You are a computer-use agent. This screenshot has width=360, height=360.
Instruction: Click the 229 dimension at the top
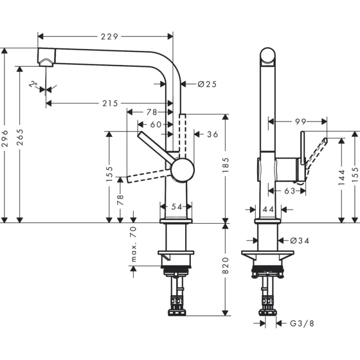[109, 37]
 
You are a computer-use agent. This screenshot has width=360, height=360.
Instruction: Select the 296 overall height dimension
[5, 138]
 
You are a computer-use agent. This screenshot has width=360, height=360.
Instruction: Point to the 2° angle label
[34, 84]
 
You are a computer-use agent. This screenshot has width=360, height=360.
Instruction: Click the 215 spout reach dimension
[110, 103]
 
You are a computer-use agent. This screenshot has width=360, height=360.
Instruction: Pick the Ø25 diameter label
[207, 84]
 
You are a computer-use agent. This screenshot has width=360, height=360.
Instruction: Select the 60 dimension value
[155, 124]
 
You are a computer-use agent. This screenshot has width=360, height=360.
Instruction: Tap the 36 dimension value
[212, 134]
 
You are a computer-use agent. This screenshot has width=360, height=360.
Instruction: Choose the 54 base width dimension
[176, 206]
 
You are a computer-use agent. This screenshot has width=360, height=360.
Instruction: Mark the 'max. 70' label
[133, 245]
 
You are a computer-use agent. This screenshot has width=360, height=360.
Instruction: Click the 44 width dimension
[267, 209]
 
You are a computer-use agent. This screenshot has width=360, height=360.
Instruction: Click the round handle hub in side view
[183, 170]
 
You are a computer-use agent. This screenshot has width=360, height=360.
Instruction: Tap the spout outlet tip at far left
[45, 58]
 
